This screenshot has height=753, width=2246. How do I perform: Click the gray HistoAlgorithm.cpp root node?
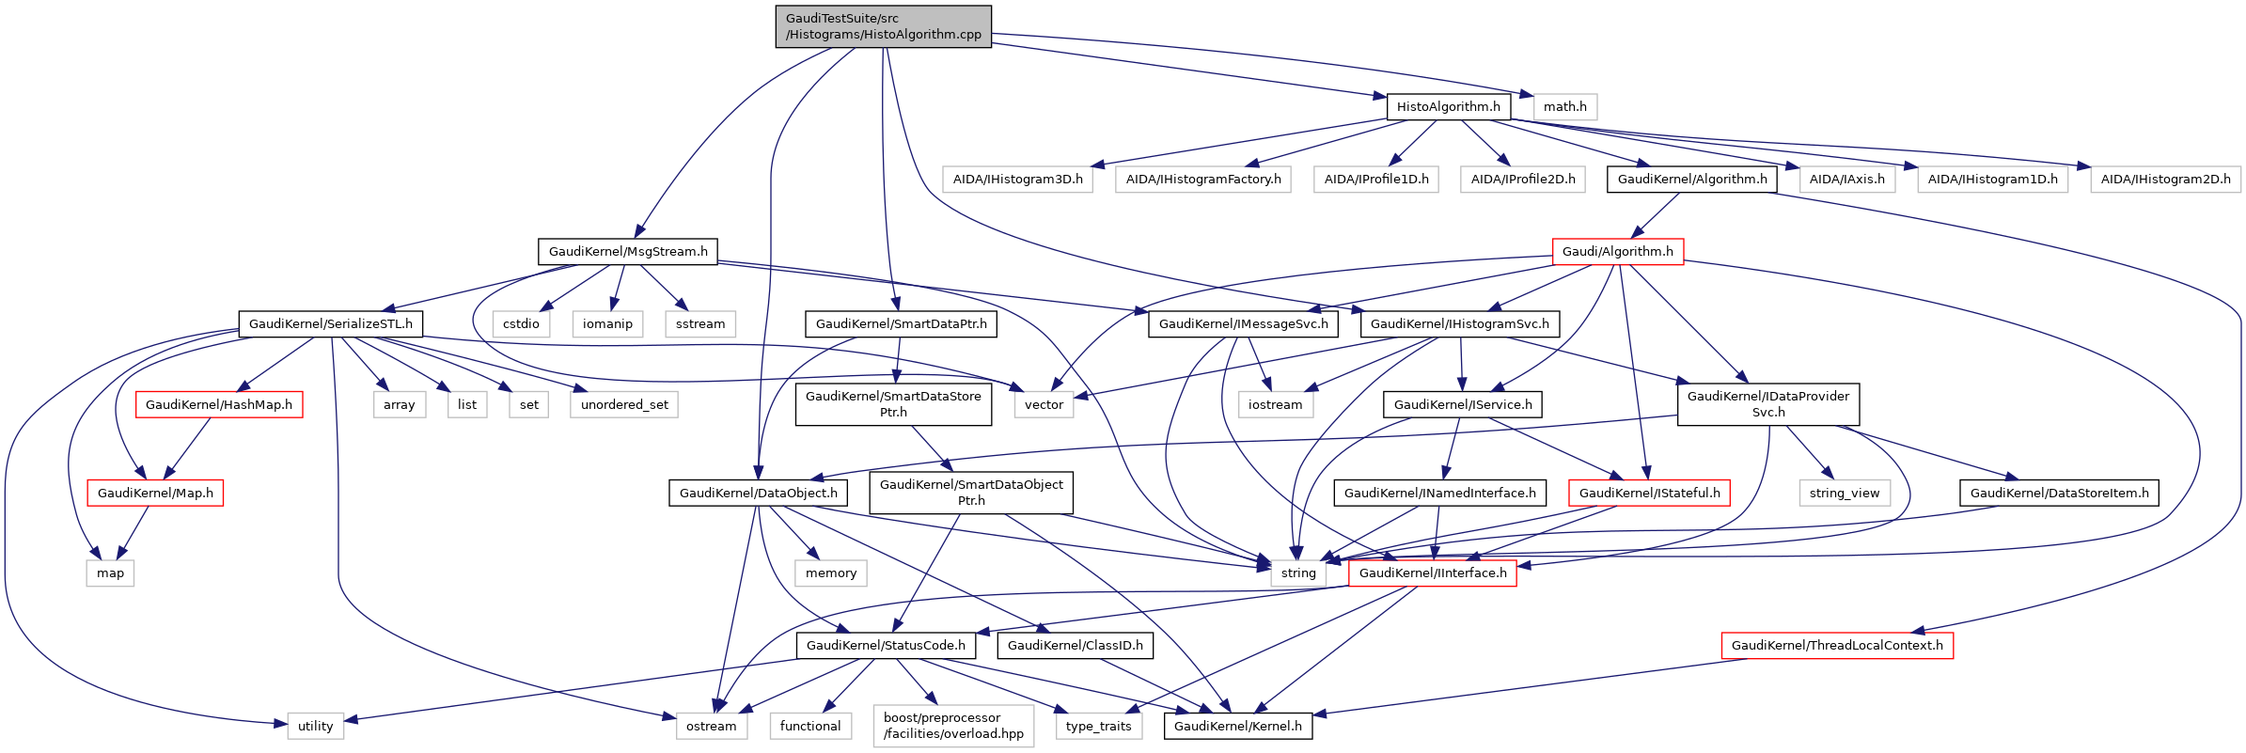[x=883, y=26]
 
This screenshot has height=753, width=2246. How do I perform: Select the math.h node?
[x=1564, y=106]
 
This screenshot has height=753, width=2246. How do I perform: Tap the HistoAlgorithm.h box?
[x=1448, y=106]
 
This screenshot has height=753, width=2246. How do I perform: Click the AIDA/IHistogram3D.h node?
[x=1017, y=179]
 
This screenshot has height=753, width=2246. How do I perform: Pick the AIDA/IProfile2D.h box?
[x=1522, y=179]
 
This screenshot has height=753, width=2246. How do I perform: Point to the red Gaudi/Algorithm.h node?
[x=1617, y=251]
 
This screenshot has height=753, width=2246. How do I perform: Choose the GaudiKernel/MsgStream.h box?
[x=628, y=251]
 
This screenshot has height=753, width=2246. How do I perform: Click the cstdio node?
[x=521, y=323]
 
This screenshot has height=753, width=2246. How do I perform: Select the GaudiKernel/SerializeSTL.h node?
[x=330, y=323]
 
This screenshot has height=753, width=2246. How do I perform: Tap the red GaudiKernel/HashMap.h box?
[x=219, y=404]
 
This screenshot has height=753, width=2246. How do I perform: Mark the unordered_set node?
[x=624, y=404]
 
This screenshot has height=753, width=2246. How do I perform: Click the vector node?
[x=1044, y=404]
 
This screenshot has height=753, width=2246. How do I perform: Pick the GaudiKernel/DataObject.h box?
[x=758, y=493]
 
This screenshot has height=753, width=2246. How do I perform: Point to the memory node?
[x=830, y=573]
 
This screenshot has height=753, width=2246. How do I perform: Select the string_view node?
[x=1844, y=493]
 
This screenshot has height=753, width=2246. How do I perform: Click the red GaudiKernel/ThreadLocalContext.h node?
[x=1836, y=645]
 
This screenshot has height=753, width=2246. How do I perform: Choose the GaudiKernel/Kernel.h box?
[x=1237, y=726]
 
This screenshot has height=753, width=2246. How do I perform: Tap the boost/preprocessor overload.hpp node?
[x=953, y=726]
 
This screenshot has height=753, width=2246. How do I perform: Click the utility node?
[x=315, y=726]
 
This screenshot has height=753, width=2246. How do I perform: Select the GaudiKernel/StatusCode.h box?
[x=886, y=645]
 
